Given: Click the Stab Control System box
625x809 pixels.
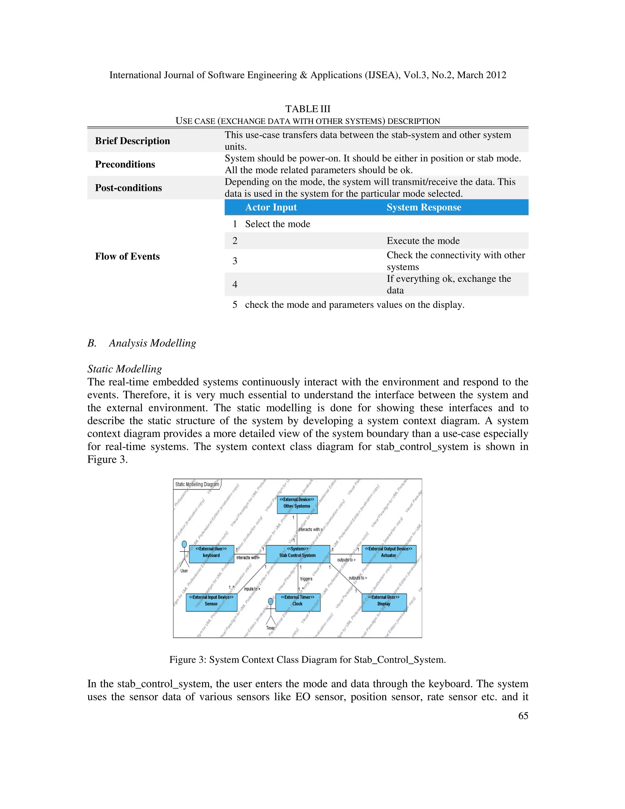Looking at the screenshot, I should (298, 554).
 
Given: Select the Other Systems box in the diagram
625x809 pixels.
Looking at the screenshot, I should (297, 505).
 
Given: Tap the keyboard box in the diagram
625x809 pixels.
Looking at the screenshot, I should (211, 554).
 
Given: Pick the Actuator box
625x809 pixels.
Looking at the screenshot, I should (389, 554).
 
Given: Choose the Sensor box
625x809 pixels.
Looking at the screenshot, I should (211, 602).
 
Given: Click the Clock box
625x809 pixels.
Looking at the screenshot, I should (298, 602).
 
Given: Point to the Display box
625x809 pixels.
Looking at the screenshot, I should (384, 602).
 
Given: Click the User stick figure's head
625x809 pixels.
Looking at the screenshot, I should (184, 544).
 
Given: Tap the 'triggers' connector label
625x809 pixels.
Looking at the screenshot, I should (306, 579).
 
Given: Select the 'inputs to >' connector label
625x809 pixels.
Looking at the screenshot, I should (252, 589).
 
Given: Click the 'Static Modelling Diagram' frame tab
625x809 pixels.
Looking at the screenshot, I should (197, 484).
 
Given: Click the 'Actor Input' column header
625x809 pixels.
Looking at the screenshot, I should (271, 207).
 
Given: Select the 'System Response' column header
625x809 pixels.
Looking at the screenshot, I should (424, 207).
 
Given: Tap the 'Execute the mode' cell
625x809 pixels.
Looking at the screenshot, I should (423, 241).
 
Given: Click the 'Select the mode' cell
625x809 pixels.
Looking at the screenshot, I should (277, 224).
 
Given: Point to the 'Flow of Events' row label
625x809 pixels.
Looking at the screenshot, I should (127, 256).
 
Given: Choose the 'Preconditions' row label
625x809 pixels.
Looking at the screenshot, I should (125, 164).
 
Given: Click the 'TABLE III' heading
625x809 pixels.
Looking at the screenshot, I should (308, 109).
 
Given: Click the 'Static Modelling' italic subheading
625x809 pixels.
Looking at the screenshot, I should (125, 369).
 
